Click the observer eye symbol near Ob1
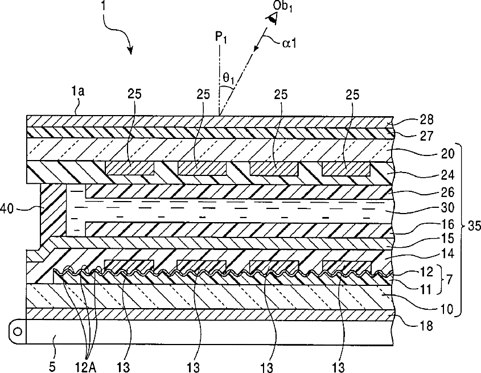(274, 19)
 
